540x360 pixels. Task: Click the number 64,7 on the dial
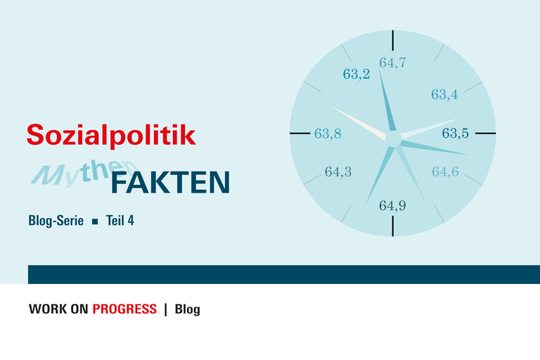(392, 63)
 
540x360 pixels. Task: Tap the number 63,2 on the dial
(356, 74)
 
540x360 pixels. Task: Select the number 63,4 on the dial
(444, 94)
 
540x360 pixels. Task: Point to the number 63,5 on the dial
(456, 132)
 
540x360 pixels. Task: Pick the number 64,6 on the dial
(445, 172)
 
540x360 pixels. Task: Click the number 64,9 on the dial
(392, 206)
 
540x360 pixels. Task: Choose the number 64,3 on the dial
(338, 172)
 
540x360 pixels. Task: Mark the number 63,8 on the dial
(328, 133)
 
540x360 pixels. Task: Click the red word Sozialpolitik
(111, 134)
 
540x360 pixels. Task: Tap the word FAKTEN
(170, 182)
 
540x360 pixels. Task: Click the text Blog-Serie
(56, 220)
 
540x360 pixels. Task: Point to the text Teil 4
(120, 220)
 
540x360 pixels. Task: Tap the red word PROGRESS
(124, 309)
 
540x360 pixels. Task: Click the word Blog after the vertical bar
(187, 309)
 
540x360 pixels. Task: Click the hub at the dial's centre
(393, 139)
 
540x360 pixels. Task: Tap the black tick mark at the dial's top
(393, 40)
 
